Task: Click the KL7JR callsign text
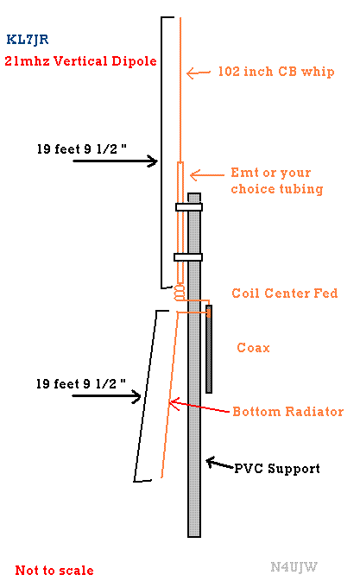tap(28, 39)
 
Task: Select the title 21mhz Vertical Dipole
tap(81, 61)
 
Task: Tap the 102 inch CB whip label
tap(276, 72)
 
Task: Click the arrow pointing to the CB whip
tap(199, 73)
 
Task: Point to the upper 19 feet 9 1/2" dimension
tap(82, 149)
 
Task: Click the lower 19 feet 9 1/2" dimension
tap(81, 384)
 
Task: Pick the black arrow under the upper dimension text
tap(116, 161)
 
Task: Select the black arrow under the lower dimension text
tap(107, 396)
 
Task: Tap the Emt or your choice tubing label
tap(277, 180)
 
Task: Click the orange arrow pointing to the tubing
tap(207, 175)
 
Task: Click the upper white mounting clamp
tap(189, 206)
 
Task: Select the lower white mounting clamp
tap(188, 256)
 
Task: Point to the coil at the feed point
tap(180, 293)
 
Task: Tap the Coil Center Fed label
tap(285, 294)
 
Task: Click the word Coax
tap(253, 348)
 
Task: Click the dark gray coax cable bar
tap(209, 349)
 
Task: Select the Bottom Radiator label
tap(288, 412)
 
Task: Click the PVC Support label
tap(277, 469)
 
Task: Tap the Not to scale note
tap(54, 570)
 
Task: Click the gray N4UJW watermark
tap(294, 566)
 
